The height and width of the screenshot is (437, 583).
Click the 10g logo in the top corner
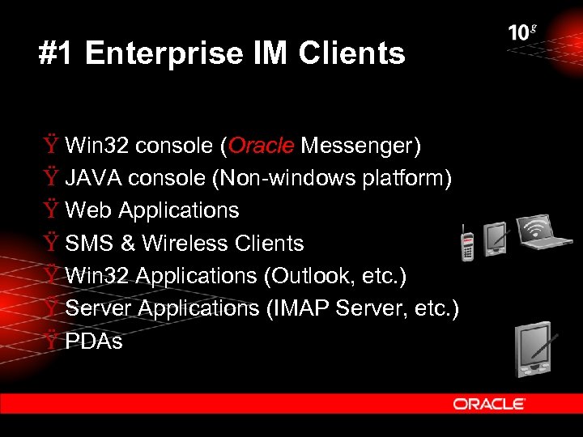coord(522,32)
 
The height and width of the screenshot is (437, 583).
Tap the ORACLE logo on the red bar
coord(489,403)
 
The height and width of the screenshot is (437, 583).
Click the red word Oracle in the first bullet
coord(262,146)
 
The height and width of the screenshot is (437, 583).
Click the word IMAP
coord(298,308)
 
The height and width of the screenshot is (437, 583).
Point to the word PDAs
coord(94,341)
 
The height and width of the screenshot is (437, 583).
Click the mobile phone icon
coord(467,243)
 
